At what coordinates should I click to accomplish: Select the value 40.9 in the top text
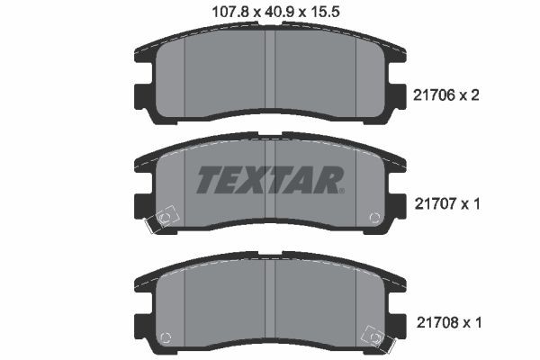276,11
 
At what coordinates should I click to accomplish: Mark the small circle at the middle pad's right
374,217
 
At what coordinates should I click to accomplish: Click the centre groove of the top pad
270,76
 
